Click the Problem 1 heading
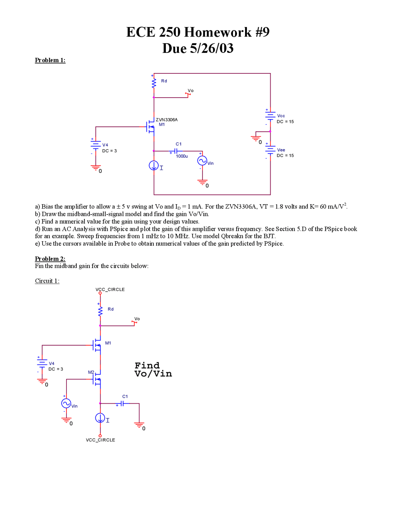click(x=50, y=60)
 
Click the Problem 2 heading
click(x=50, y=259)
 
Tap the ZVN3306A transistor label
click(x=166, y=120)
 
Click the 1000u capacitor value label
click(x=182, y=156)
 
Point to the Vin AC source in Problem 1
click(x=202, y=160)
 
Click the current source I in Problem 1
click(x=154, y=165)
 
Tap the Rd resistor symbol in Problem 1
click(x=154, y=83)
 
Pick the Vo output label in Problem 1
click(x=191, y=91)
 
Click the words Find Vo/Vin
click(x=153, y=370)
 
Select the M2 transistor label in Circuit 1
click(x=91, y=372)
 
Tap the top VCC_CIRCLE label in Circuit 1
click(x=110, y=289)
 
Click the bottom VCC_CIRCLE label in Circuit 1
click(x=100, y=440)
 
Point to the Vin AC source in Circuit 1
click(x=66, y=403)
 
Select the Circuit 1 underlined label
click(x=47, y=281)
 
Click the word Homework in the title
click(x=218, y=32)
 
